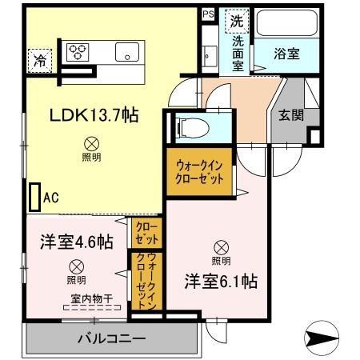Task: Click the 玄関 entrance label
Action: tap(290, 115)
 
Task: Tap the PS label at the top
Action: tap(208, 14)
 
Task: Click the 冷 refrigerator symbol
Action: tap(38, 58)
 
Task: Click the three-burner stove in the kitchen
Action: tap(78, 52)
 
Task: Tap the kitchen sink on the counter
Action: tap(127, 53)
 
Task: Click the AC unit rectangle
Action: tap(34, 195)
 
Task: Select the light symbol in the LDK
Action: tap(90, 145)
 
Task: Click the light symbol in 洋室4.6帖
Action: tap(76, 266)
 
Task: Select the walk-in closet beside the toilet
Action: tap(199, 170)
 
